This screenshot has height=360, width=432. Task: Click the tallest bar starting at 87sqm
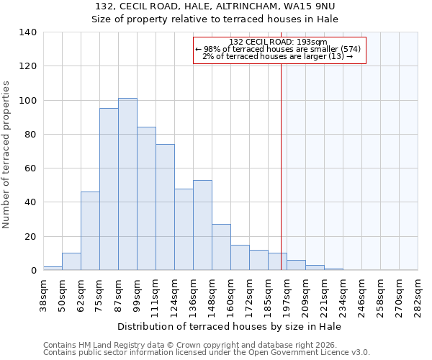[x=127, y=184]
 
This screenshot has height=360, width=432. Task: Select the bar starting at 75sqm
[x=109, y=189]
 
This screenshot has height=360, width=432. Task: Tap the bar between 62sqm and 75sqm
[x=90, y=231]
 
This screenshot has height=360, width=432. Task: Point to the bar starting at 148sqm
[x=221, y=247]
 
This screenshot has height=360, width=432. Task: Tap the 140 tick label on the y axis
[x=28, y=32]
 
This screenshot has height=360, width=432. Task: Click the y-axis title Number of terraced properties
[x=7, y=154]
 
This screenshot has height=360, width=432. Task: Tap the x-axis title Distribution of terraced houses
[x=230, y=326]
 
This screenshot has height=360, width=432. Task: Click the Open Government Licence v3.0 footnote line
[x=207, y=353]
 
